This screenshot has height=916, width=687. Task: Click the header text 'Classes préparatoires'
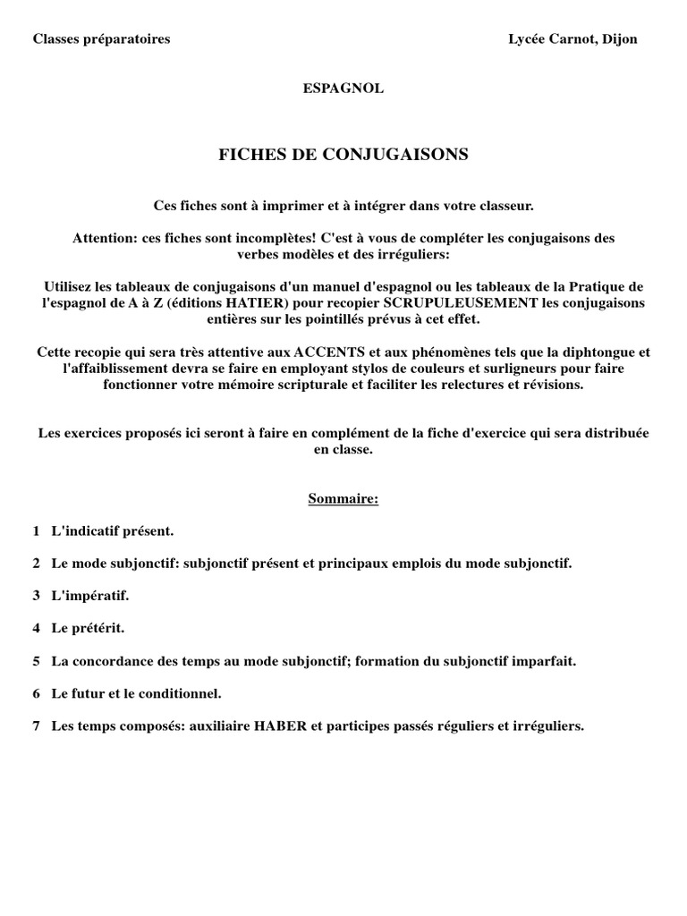pyautogui.click(x=101, y=39)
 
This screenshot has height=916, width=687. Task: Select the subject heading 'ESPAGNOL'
pyautogui.click(x=343, y=89)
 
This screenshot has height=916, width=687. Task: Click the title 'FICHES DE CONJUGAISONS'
pyautogui.click(x=343, y=155)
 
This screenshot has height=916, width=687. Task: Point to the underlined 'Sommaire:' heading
pyautogui.click(x=343, y=498)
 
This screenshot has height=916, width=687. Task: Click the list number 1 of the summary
pyautogui.click(x=37, y=531)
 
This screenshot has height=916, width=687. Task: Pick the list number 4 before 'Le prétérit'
pyautogui.click(x=37, y=628)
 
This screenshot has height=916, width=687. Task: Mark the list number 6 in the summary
pyautogui.click(x=37, y=693)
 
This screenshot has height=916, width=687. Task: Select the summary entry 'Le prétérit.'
pyautogui.click(x=88, y=628)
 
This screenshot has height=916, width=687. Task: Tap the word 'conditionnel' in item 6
pyautogui.click(x=182, y=693)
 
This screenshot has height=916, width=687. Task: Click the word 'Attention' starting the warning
pyautogui.click(x=101, y=239)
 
